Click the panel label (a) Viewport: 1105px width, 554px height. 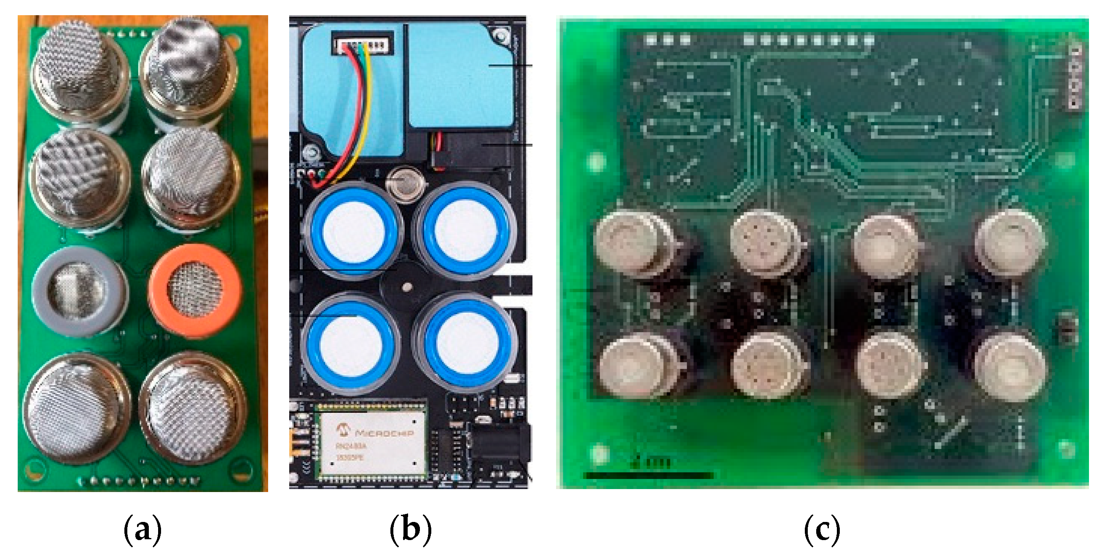[142, 529]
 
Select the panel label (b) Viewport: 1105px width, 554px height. [410, 529]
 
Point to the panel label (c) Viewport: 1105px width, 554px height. [821, 529]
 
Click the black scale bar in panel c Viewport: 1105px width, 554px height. [648, 475]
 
